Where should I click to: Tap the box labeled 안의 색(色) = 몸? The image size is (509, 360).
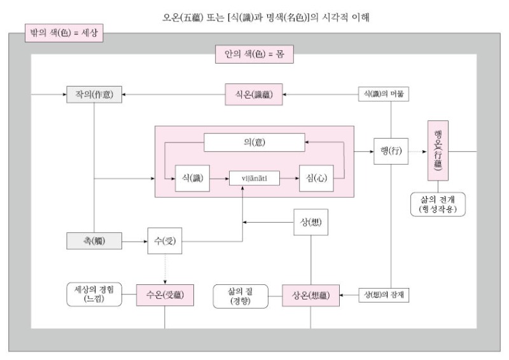point(254,54)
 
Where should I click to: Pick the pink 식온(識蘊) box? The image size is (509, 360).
point(254,95)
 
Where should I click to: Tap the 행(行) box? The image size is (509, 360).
point(389,153)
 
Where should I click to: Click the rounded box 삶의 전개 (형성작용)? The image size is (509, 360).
point(438,203)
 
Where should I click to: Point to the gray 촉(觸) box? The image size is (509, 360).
point(94,241)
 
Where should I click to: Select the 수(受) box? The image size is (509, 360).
point(165,241)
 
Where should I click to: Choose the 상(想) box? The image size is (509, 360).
point(310,223)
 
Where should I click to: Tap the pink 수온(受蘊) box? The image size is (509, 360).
point(165,296)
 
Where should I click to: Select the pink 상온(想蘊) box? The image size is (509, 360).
point(310,296)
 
